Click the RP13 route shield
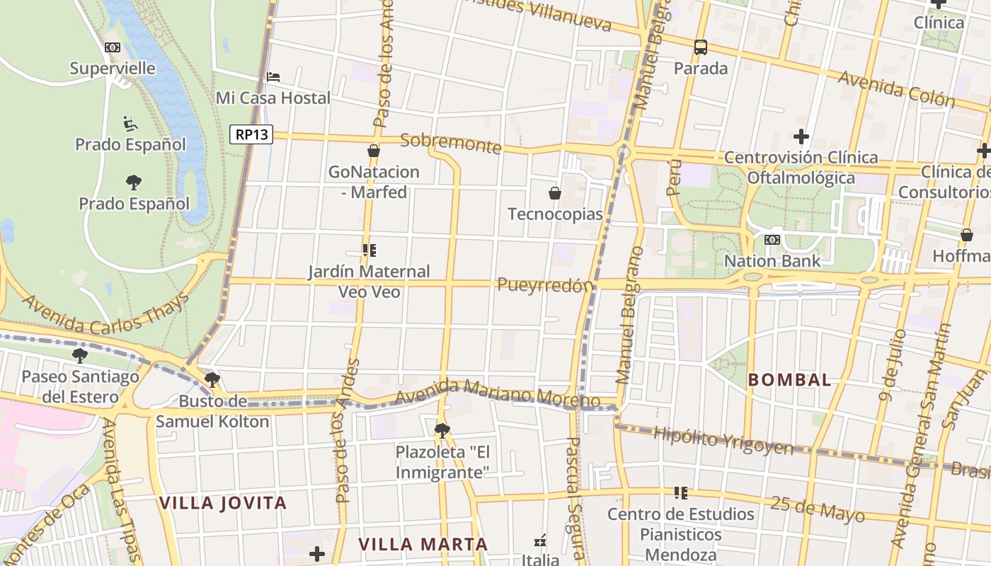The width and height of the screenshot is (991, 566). [251, 134]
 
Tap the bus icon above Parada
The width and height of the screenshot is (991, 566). [701, 47]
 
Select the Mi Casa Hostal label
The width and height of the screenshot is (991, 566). [273, 98]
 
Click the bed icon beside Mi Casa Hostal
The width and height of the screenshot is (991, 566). [273, 76]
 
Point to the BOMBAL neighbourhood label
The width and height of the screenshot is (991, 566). [789, 380]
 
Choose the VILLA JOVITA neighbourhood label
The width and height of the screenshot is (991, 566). [223, 503]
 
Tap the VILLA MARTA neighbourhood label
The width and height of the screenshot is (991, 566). [423, 544]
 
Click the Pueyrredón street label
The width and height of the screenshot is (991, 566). [544, 285]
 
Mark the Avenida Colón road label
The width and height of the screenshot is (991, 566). [897, 88]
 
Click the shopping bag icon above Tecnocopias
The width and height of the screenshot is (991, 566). [555, 193]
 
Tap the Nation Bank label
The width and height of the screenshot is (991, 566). [772, 260]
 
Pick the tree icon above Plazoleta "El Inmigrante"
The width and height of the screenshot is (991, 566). [442, 430]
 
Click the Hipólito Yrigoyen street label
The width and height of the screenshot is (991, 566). [723, 439]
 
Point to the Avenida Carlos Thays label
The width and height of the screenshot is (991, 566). [106, 313]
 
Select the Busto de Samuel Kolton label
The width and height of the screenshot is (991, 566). [212, 412]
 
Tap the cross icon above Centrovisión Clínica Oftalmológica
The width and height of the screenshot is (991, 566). [801, 136]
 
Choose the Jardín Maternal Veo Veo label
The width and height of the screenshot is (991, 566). [369, 281]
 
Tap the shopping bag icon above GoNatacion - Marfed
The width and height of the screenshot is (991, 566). [374, 151]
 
